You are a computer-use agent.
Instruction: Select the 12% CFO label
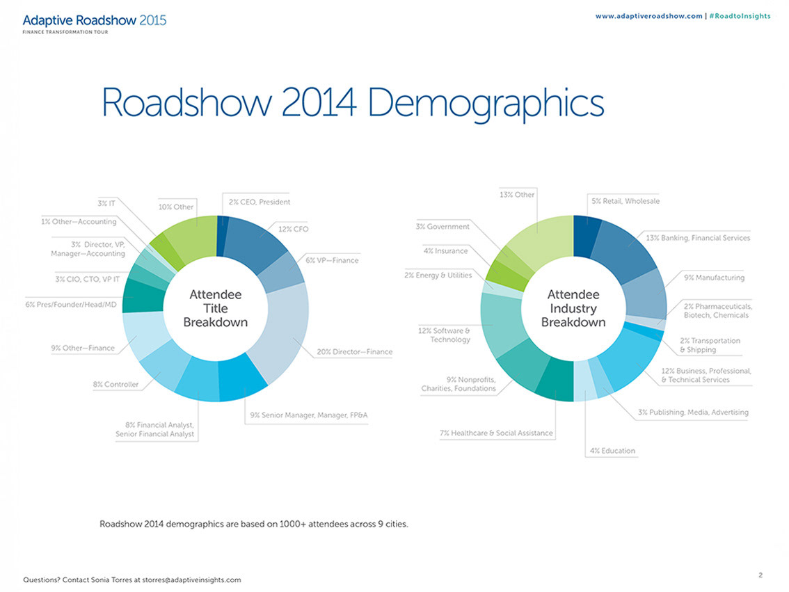(x=293, y=229)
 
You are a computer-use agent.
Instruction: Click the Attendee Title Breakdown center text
(x=215, y=308)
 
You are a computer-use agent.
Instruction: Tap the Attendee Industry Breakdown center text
(x=573, y=308)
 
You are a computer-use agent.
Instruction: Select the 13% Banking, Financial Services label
(x=698, y=238)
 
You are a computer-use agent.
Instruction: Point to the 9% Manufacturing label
(x=714, y=278)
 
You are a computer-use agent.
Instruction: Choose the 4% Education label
(x=612, y=450)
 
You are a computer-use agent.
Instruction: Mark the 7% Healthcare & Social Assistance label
(x=496, y=433)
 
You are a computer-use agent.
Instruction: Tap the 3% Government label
(x=443, y=226)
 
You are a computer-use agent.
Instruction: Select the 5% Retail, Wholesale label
(x=625, y=201)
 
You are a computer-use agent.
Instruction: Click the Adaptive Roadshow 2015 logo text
(x=94, y=20)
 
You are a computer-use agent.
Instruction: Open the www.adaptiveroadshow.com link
(x=648, y=16)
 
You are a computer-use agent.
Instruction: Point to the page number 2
(x=760, y=575)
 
